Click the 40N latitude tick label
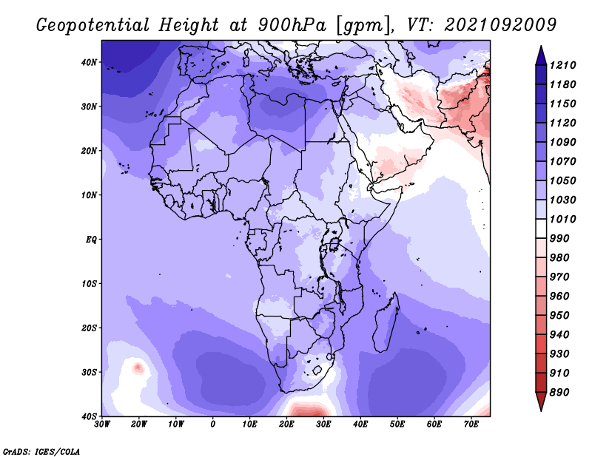89,62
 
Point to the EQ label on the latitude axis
91,240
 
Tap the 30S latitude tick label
89,372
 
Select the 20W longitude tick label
138,424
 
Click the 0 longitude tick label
212,424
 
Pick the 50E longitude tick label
397,424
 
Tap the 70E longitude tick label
471,424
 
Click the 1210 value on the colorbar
562,65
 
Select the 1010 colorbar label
562,219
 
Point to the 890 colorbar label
559,393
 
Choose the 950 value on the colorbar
559,316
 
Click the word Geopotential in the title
93,26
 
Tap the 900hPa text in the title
292,25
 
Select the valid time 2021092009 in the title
500,25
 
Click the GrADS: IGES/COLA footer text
41,452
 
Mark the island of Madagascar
386,322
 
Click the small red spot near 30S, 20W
138,367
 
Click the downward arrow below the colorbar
541,402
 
